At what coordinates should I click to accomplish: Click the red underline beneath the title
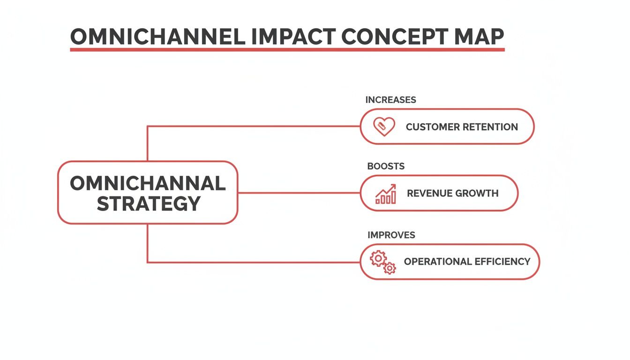coord(287,49)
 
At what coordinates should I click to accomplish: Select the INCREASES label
coord(390,100)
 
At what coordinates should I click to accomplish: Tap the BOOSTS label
coord(386,166)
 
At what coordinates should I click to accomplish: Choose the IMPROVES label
coord(391,235)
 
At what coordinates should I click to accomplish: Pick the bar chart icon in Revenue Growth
coord(385,194)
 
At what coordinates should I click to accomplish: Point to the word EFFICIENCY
coord(502,262)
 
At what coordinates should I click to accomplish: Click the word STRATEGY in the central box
coord(149,204)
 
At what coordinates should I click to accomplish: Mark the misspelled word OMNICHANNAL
coord(148,183)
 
